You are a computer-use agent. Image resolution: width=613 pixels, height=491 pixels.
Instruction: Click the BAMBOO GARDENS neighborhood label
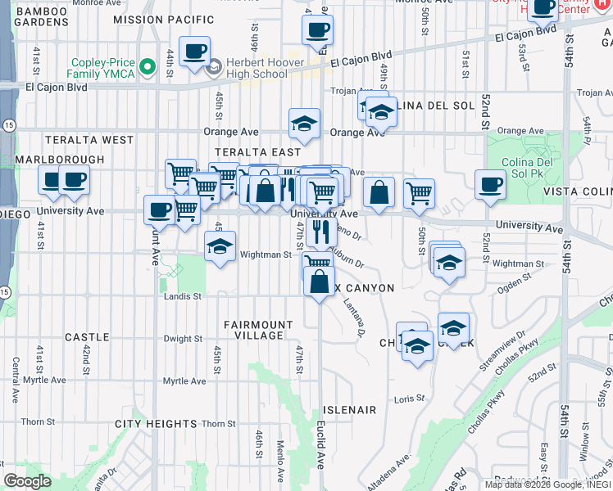[42, 16]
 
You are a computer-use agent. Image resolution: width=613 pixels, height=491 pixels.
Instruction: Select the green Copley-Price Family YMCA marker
[148, 66]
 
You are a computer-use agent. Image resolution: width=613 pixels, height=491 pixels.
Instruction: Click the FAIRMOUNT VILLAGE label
[259, 330]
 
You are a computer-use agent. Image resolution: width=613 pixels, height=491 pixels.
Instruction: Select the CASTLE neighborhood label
[87, 337]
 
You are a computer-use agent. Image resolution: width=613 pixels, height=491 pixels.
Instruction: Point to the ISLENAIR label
[349, 409]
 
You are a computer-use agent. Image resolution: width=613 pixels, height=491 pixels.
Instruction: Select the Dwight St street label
[182, 339]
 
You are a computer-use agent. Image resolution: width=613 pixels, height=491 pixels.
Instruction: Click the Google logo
[28, 480]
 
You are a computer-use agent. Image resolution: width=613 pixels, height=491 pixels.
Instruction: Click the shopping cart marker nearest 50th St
[419, 193]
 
